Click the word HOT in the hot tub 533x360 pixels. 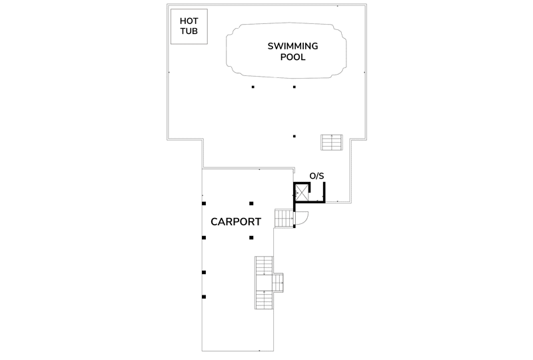pyautogui.click(x=189, y=21)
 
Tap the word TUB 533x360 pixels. pyautogui.click(x=189, y=31)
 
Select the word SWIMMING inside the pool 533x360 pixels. pyautogui.click(x=292, y=46)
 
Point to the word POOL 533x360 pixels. pyautogui.click(x=292, y=57)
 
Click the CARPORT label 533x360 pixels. pyautogui.click(x=236, y=222)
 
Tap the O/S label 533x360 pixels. pyautogui.click(x=316, y=176)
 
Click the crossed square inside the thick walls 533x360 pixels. pyautogui.click(x=301, y=193)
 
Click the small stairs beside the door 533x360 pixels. pyautogui.click(x=284, y=218)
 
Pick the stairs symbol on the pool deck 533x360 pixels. pyautogui.click(x=332, y=142)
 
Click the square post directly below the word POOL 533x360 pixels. pyautogui.click(x=294, y=87)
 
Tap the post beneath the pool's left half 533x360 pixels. pyautogui.click(x=253, y=87)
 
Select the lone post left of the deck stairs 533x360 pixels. pyautogui.click(x=294, y=136)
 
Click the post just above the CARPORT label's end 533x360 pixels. pyautogui.click(x=251, y=203)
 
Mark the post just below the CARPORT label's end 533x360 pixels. pyautogui.click(x=251, y=237)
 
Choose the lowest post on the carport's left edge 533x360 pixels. pyautogui.click(x=204, y=297)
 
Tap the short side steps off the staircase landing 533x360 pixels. pyautogui.click(x=278, y=283)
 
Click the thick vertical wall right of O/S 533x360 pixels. pyautogui.click(x=324, y=193)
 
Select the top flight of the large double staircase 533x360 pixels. pyautogui.click(x=264, y=266)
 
